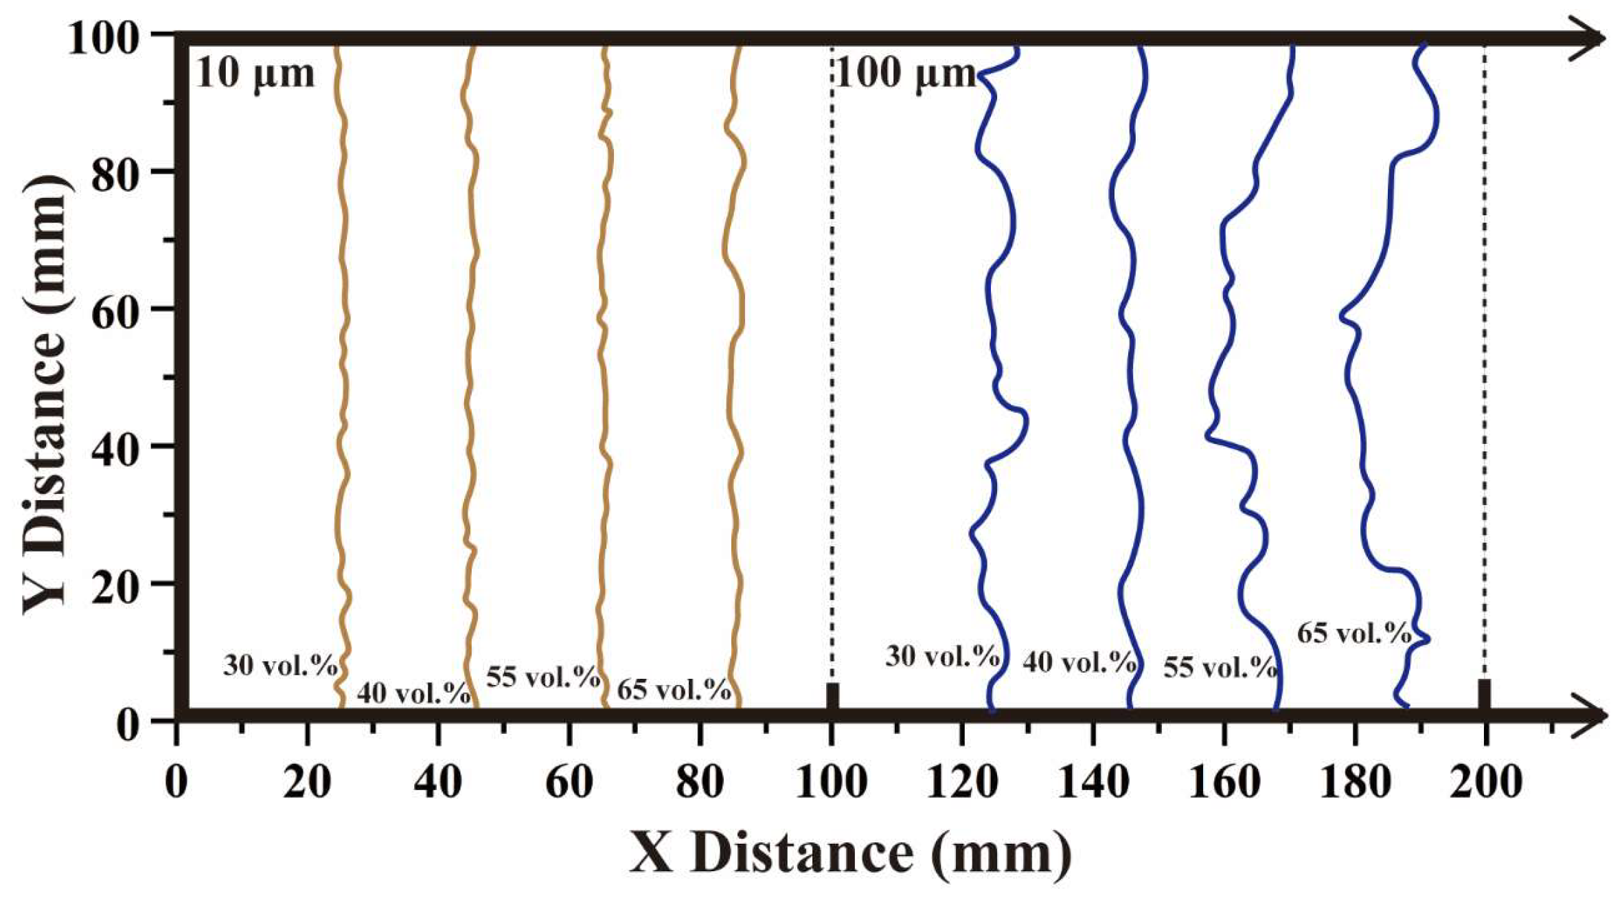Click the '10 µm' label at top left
255,74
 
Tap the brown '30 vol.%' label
280,666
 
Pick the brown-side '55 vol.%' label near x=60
543,677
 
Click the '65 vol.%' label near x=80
673,690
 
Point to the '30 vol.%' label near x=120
941,656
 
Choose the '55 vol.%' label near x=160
1220,667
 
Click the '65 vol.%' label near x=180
1353,633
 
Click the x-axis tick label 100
831,783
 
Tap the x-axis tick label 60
569,783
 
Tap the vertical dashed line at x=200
1485,344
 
